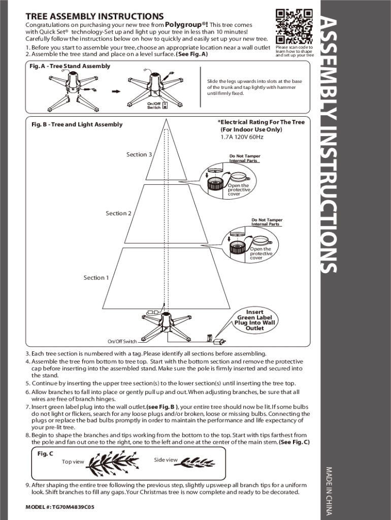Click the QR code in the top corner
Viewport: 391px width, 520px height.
[x=294, y=26]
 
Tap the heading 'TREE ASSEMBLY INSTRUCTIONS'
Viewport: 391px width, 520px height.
[x=94, y=17]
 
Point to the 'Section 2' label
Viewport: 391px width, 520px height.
[x=118, y=213]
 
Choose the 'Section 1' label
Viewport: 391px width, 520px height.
[x=96, y=278]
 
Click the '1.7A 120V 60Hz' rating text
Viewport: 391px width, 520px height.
[x=242, y=137]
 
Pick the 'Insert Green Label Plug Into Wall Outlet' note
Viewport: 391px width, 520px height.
[x=254, y=320]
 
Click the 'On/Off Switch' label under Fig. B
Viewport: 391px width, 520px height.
[x=122, y=342]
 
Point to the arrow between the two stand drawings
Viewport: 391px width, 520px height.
[x=115, y=91]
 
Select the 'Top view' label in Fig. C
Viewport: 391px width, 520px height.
[x=73, y=462]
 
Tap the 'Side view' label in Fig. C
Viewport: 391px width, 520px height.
[x=166, y=460]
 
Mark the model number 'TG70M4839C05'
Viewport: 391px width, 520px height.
[x=60, y=507]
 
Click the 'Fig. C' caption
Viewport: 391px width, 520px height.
[x=45, y=453]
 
